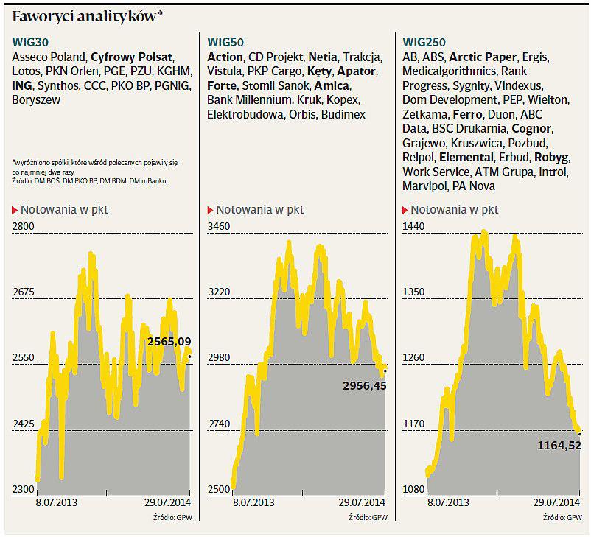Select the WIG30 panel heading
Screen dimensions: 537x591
coord(31,42)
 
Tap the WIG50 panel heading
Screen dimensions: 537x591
coord(225,42)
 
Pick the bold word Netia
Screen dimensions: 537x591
coord(323,57)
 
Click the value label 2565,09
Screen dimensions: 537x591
coord(169,342)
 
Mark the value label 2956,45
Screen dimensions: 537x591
coord(365,385)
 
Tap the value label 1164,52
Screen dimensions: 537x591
coord(560,445)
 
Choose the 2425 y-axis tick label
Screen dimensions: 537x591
coord(24,424)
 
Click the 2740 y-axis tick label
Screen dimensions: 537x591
coord(220,424)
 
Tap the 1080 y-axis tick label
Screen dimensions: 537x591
coord(414,489)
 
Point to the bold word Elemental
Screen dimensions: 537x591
coord(466,158)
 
